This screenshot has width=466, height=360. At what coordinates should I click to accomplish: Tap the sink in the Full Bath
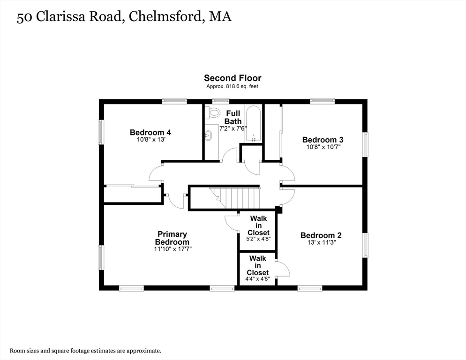[x=208, y=135]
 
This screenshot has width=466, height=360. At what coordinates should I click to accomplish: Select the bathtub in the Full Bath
[x=254, y=124]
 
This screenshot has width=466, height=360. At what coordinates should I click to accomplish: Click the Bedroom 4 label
[x=150, y=132]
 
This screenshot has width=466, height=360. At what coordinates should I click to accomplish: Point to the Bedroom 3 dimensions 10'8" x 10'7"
[x=323, y=147]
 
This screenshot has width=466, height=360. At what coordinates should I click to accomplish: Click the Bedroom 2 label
[x=321, y=235]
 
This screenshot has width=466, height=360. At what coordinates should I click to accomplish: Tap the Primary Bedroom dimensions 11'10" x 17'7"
[x=173, y=249]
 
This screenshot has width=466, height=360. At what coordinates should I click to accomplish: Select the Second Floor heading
[x=233, y=78]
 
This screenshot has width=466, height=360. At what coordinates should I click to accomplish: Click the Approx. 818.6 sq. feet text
[x=233, y=87]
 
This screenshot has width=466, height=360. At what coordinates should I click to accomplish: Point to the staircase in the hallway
[x=235, y=198]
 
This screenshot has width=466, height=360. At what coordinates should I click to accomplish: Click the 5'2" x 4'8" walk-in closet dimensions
[x=258, y=239]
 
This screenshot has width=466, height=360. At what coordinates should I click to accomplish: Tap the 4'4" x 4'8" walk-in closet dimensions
[x=257, y=279]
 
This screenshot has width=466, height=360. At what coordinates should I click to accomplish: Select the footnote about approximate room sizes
[x=86, y=351]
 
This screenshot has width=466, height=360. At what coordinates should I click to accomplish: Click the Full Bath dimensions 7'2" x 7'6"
[x=233, y=128]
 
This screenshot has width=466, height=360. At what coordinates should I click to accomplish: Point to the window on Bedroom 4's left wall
[x=101, y=132]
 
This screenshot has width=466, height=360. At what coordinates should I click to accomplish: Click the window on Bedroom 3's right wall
[x=365, y=144]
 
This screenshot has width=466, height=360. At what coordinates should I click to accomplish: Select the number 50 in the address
[x=24, y=17]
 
